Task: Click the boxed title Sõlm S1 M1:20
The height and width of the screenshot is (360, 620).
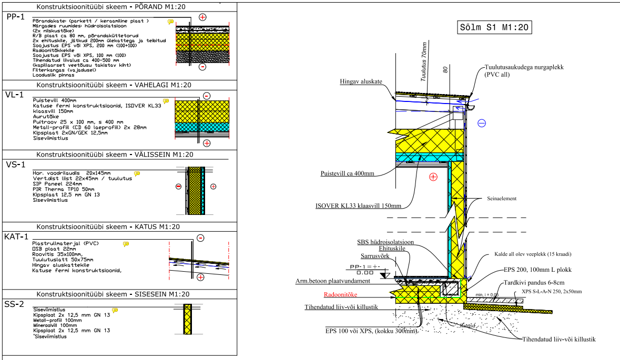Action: pyautogui.click(x=493, y=27)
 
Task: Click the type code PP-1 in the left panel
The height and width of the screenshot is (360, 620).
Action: pyautogui.click(x=15, y=17)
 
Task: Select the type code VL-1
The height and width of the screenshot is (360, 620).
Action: pyautogui.click(x=15, y=95)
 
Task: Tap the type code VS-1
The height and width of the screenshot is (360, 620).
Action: pyautogui.click(x=15, y=164)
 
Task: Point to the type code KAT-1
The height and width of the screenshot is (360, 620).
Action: pyautogui.click(x=17, y=237)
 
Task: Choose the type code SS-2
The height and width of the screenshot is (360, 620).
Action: pyautogui.click(x=15, y=304)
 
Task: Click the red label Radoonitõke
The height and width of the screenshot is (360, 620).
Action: pyautogui.click(x=340, y=295)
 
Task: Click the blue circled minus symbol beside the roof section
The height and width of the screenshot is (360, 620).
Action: pyautogui.click(x=482, y=124)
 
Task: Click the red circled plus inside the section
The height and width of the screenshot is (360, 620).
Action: pyautogui.click(x=433, y=177)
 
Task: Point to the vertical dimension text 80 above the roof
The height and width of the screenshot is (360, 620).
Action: pyautogui.click(x=445, y=69)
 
